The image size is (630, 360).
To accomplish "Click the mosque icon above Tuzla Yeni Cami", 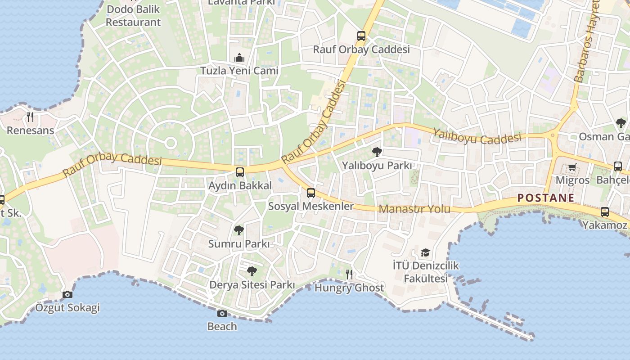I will pos(239,58).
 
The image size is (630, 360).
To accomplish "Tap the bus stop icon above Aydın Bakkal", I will pos(240,172).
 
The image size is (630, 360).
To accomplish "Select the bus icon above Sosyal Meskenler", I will pos(310,193).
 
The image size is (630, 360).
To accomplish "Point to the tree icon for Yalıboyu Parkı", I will pos(377,152).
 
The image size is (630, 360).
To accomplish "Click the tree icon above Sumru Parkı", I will pos(239,230).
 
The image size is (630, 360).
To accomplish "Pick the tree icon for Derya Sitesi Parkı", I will pos(252,271).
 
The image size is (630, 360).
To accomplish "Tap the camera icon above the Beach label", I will pos(222,313).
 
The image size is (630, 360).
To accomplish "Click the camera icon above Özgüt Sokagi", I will pos(67,294).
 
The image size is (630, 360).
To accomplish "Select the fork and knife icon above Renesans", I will pos(30,117).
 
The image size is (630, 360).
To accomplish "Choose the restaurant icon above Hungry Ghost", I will pos(349,274).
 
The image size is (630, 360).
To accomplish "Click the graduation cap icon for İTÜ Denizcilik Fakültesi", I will pos(425,252).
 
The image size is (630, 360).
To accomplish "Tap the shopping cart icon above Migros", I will pos(572,167).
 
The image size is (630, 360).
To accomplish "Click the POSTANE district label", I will pos(546,198).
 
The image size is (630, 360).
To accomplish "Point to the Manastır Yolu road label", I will pos(414,209).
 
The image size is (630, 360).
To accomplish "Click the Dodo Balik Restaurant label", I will pos(133,16).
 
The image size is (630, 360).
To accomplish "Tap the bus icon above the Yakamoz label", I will pos(605,211).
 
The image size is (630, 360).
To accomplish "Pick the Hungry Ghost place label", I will pos(349,288).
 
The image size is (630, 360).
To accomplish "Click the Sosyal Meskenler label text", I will pos(311,206).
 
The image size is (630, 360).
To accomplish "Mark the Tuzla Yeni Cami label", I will pos(239,71).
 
